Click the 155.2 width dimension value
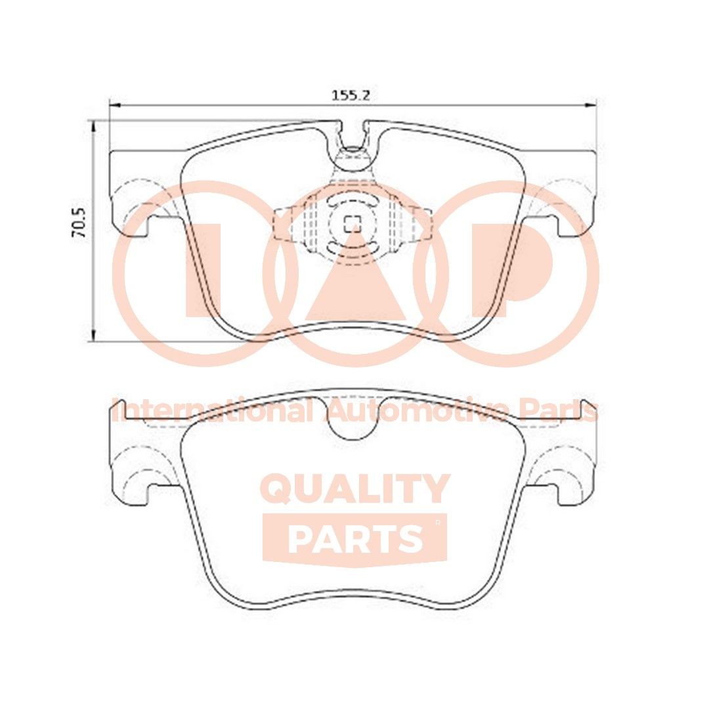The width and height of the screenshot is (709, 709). point(351,95)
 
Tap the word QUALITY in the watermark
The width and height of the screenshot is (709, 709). point(355,489)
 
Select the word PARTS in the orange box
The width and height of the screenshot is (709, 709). point(354,538)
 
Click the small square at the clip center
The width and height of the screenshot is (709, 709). point(352,223)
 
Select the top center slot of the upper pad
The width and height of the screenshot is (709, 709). point(353,135)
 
